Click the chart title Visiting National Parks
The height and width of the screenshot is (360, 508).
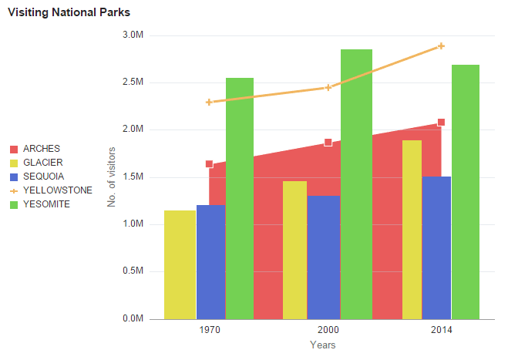(x=69, y=12)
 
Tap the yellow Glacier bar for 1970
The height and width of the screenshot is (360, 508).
(x=180, y=264)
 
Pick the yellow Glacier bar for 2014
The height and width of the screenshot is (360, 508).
(x=412, y=229)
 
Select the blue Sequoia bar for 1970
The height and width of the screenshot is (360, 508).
(x=210, y=261)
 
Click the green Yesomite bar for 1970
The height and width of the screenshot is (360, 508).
(x=240, y=197)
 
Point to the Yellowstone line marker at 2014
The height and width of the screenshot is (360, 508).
(x=441, y=46)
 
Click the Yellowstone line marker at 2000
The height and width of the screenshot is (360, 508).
(x=328, y=87)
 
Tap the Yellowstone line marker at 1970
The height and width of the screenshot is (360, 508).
(x=209, y=102)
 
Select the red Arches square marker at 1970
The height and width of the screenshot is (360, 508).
(x=209, y=164)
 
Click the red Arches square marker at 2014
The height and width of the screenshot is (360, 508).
(x=441, y=123)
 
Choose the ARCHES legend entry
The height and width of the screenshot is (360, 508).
(x=42, y=149)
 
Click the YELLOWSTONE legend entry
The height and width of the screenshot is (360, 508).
(x=57, y=190)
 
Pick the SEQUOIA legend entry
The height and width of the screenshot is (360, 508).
(x=43, y=177)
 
